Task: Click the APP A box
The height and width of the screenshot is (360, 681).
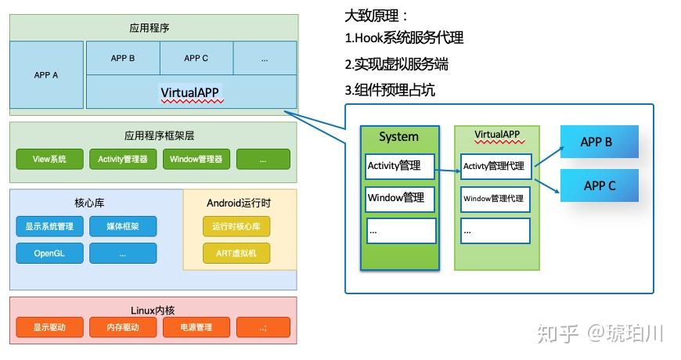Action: (47, 75)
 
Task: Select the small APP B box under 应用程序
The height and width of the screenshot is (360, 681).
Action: (123, 58)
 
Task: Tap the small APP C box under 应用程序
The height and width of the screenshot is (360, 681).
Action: (196, 58)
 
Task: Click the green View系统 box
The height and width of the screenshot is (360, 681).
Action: (49, 160)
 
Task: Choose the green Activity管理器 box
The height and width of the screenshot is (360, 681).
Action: (123, 160)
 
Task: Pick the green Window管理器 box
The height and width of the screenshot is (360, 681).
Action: (196, 160)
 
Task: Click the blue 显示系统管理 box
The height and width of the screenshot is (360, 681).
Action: (49, 227)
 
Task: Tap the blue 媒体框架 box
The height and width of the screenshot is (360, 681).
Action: (123, 227)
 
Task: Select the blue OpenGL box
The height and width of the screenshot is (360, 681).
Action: (49, 254)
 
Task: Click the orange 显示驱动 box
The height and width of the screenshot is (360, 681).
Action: (49, 327)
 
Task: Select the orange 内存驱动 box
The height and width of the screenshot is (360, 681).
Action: (123, 327)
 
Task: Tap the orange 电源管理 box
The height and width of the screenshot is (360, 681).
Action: (196, 327)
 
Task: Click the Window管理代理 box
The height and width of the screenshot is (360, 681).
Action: (495, 199)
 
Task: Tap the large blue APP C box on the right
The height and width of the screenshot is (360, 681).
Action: (600, 185)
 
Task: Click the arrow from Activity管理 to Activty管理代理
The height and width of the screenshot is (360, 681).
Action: (447, 167)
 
